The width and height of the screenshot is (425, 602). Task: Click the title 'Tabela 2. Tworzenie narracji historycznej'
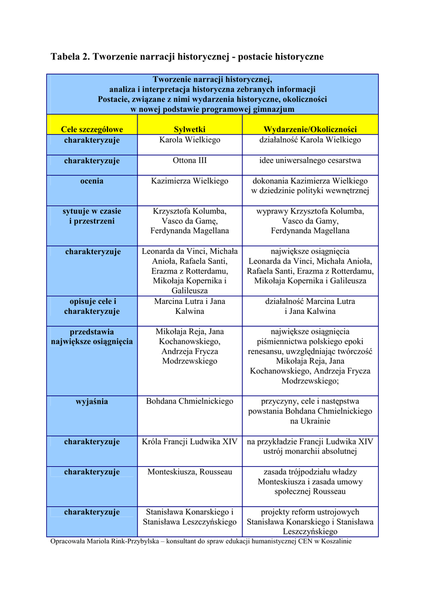[187, 57]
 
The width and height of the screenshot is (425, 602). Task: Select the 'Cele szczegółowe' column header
[92, 129]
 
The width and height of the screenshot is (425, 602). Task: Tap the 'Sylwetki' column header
[190, 129]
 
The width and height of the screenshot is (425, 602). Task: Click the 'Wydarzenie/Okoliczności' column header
[310, 129]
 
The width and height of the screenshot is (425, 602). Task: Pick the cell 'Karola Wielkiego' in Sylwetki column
[190, 140]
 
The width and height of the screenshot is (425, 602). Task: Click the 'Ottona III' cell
[190, 160]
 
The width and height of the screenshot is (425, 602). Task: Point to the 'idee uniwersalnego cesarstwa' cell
[310, 160]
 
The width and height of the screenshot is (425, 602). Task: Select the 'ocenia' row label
[92, 181]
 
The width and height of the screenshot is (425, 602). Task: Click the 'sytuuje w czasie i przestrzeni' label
[92, 216]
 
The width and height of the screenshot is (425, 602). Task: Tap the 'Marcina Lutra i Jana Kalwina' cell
[190, 306]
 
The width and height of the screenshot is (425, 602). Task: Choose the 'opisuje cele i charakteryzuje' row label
[92, 306]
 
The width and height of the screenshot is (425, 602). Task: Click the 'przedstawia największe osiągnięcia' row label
[92, 336]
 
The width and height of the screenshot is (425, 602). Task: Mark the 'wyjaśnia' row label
[92, 402]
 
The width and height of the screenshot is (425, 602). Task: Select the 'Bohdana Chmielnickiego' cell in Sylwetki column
[190, 402]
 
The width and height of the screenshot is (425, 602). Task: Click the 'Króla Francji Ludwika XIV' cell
[190, 442]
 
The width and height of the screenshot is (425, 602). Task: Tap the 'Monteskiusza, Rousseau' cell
[190, 472]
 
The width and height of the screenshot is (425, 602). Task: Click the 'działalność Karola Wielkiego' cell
[310, 140]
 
